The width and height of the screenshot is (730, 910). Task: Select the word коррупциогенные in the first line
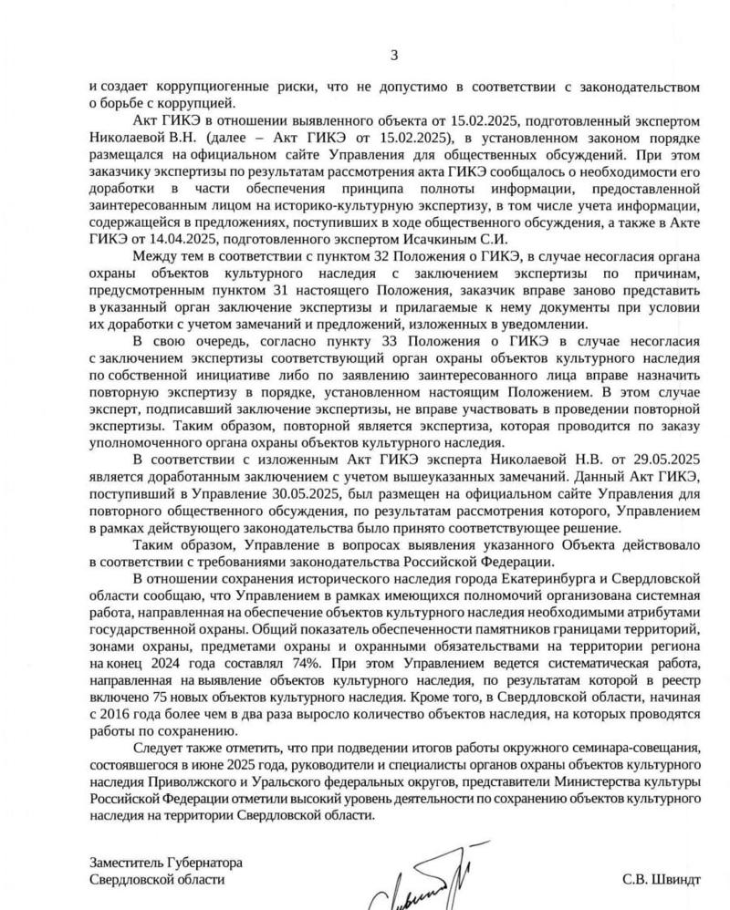[193, 86]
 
